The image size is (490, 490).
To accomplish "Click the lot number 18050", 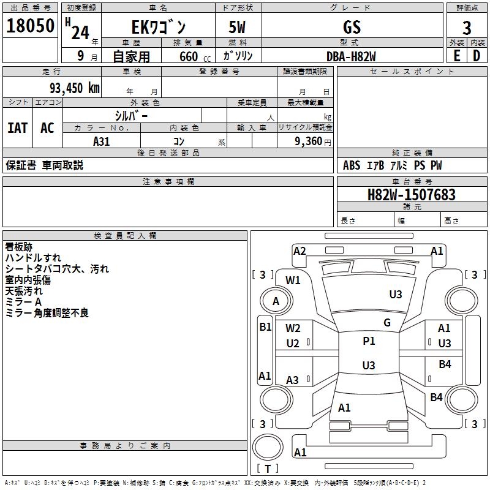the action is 30,26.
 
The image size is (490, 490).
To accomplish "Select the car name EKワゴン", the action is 159,27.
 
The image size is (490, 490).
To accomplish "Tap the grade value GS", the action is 352,27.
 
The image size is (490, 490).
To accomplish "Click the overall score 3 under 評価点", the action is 467,28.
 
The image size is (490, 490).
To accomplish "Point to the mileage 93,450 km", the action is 74,88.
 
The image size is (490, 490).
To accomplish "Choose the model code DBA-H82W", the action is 351,56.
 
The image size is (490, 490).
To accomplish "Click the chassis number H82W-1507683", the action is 411,195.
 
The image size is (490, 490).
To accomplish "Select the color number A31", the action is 101,141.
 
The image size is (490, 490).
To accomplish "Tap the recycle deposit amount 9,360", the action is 309,141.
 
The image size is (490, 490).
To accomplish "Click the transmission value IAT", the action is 18,128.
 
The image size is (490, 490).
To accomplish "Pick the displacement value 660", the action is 189,56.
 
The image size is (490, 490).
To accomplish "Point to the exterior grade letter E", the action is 457,56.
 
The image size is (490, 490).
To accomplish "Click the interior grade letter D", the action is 477,56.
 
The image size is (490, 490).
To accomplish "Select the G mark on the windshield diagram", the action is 387,323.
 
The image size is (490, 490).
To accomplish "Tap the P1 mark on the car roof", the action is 369,341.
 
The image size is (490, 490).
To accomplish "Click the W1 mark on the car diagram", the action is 293,281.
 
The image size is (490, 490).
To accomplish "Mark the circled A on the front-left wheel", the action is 276,301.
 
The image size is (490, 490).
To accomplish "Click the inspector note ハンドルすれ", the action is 33,258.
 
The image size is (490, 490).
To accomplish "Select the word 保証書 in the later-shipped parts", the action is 21,165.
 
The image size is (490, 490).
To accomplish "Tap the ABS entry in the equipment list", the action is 352,165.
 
